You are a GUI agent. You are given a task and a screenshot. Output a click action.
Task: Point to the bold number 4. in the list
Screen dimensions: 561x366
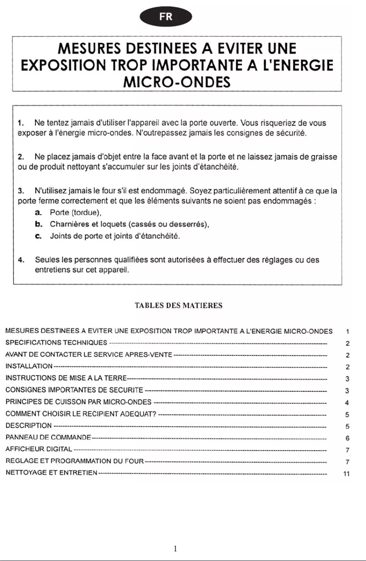(x=20, y=260)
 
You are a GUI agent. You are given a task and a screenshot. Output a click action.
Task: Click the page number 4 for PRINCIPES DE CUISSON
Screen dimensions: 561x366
(x=347, y=403)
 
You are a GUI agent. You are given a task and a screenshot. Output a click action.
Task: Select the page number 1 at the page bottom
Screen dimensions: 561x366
(x=175, y=548)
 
